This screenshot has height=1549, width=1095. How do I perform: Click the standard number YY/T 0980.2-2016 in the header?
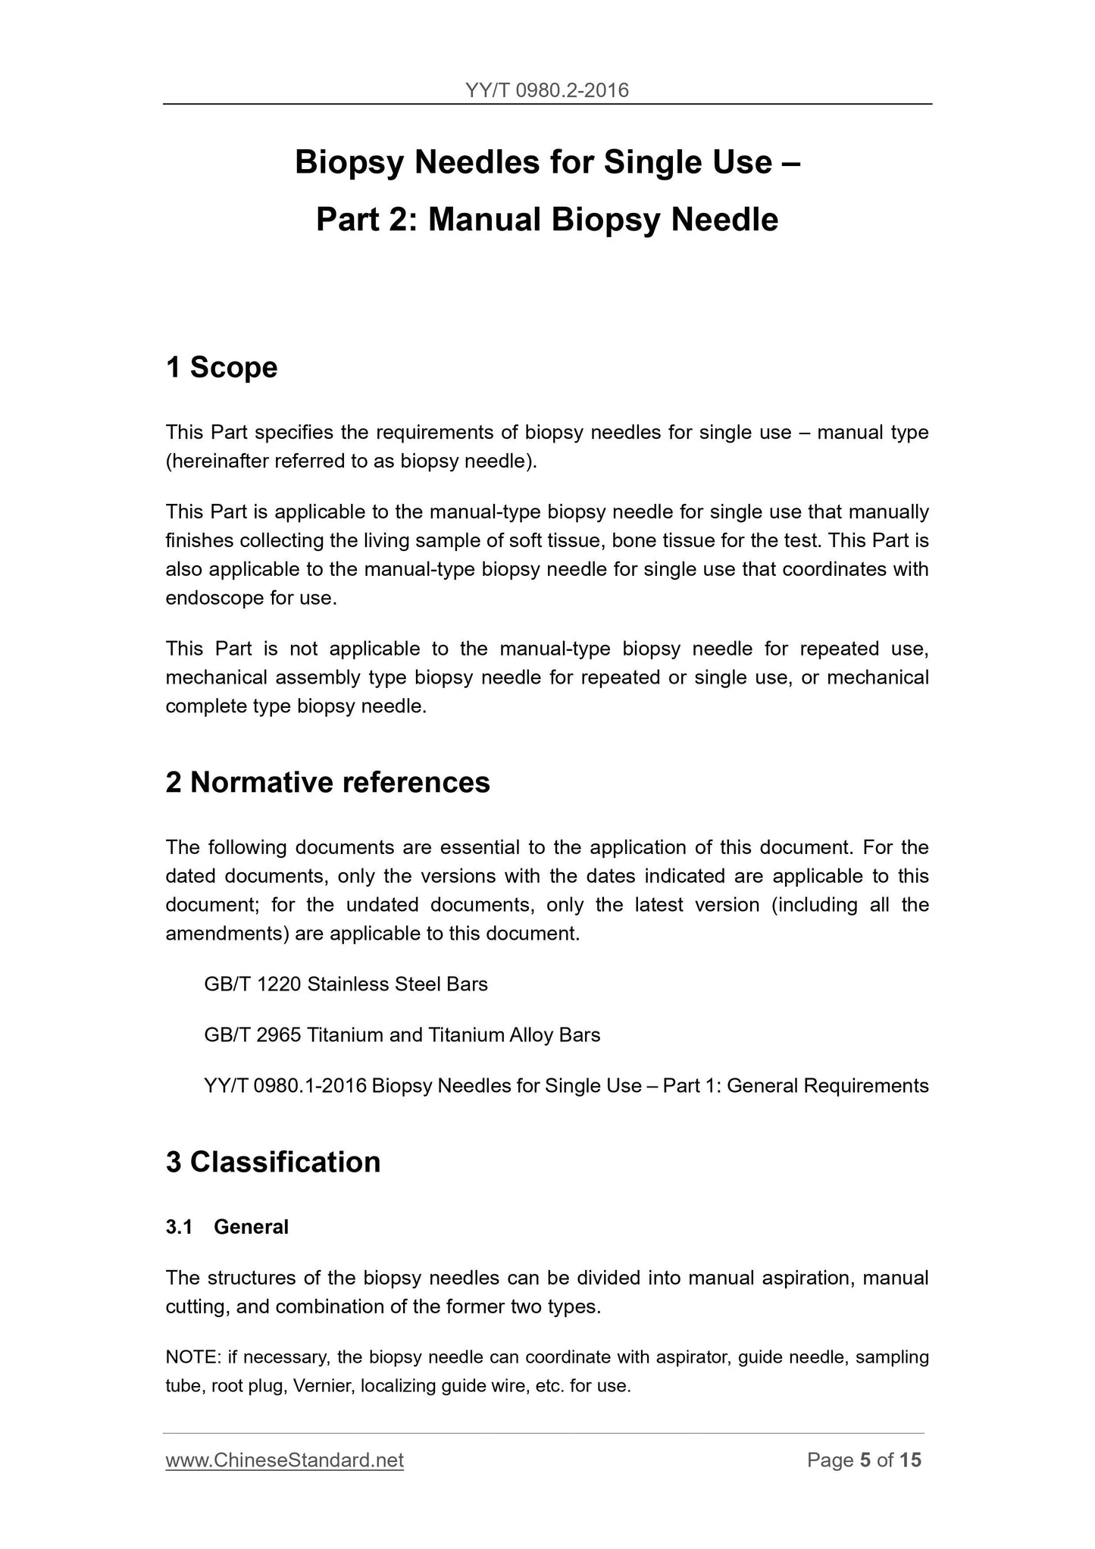(547, 91)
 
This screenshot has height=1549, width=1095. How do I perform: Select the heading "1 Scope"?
(221, 368)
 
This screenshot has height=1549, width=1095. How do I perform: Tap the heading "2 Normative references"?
(327, 782)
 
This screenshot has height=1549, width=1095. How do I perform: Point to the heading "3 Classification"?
(273, 1162)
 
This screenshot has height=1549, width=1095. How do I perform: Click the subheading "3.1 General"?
(227, 1227)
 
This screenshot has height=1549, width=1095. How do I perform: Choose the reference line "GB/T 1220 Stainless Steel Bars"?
(346, 984)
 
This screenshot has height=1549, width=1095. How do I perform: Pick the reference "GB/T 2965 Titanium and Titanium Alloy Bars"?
(402, 1035)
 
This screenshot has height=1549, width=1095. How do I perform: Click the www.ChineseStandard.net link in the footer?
(284, 1460)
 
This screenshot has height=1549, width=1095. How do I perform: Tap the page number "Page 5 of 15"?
(864, 1460)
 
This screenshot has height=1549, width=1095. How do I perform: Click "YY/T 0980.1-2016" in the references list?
(285, 1086)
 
